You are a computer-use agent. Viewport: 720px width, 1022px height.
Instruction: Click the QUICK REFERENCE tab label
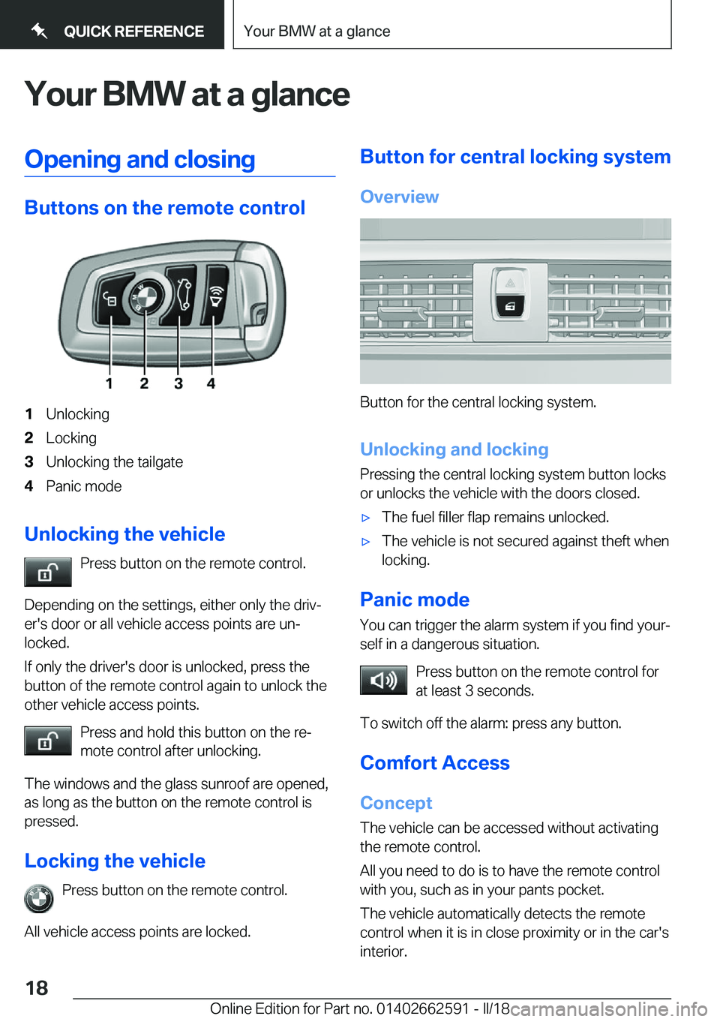click(133, 32)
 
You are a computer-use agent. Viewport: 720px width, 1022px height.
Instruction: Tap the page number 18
click(37, 987)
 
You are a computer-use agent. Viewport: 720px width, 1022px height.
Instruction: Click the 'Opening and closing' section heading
click(140, 160)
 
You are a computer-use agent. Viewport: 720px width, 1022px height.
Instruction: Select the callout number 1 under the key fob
click(109, 383)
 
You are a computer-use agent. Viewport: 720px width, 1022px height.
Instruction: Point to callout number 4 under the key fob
click(211, 383)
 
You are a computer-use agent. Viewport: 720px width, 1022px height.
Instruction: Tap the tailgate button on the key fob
click(182, 293)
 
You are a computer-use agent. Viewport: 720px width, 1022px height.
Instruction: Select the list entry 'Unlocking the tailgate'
click(114, 462)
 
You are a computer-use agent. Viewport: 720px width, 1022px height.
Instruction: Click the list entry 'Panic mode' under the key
click(83, 486)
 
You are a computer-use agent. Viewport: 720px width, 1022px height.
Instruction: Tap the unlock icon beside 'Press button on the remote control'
click(47, 573)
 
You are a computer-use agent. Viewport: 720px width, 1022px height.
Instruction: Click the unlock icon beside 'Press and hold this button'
click(47, 741)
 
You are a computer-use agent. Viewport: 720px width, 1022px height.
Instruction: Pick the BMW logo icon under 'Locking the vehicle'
click(39, 898)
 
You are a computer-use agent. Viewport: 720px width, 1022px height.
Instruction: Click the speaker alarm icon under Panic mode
click(383, 681)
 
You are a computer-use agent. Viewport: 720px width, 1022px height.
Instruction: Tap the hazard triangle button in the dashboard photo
click(510, 284)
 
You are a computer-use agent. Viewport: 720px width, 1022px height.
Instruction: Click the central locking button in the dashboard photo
click(510, 306)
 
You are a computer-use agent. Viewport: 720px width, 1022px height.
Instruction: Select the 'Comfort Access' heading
click(435, 763)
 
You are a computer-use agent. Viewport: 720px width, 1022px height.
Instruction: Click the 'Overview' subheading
click(399, 197)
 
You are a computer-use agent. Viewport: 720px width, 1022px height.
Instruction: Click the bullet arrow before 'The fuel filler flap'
click(366, 518)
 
